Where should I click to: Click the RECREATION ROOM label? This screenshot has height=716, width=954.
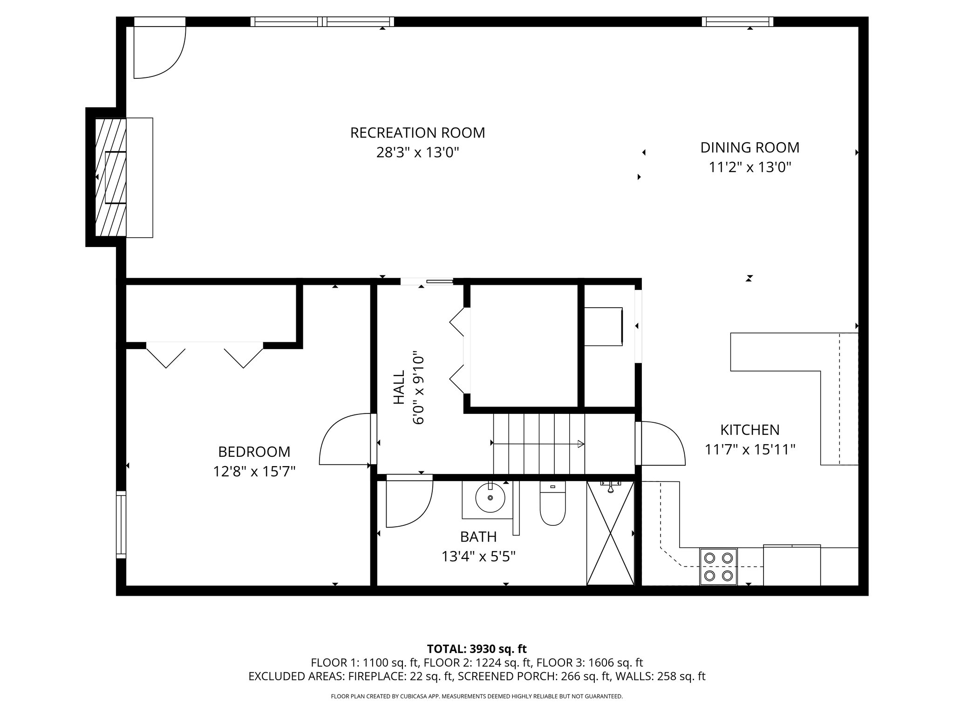pyautogui.click(x=417, y=133)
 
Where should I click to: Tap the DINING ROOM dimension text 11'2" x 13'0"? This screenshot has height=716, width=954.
pyautogui.click(x=750, y=167)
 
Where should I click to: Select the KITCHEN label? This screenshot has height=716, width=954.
pyautogui.click(x=750, y=429)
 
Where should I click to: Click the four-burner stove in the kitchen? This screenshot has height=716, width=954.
pyautogui.click(x=718, y=566)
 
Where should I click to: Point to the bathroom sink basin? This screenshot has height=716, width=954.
pyautogui.click(x=490, y=498)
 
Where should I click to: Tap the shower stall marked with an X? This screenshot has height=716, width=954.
pyautogui.click(x=610, y=533)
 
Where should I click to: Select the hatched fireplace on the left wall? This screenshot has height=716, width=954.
pyautogui.click(x=110, y=177)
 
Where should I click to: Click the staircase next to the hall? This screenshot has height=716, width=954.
pyautogui.click(x=539, y=444)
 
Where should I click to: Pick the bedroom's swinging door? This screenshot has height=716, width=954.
pyautogui.click(x=345, y=441)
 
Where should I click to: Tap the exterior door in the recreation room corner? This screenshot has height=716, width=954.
pyautogui.click(x=158, y=49)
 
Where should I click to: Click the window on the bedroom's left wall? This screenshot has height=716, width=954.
pyautogui.click(x=121, y=524)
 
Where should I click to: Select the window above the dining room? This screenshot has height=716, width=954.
pyautogui.click(x=737, y=21)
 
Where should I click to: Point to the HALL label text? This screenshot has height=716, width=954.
pyautogui.click(x=399, y=387)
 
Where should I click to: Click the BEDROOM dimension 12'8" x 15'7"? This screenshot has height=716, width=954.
pyautogui.click(x=254, y=472)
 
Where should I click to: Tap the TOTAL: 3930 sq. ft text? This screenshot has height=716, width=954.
pyautogui.click(x=477, y=649)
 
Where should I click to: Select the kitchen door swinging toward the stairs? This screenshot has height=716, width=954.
pyautogui.click(x=661, y=443)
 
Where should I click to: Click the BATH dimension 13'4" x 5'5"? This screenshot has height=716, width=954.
pyautogui.click(x=478, y=557)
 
